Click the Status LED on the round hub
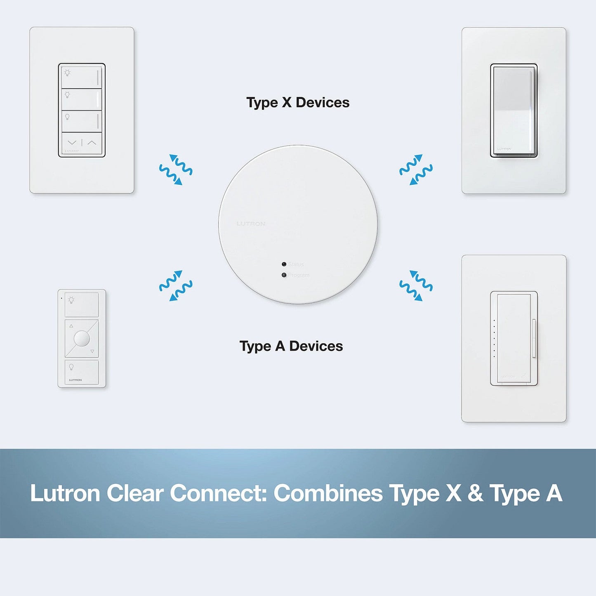point(284,264)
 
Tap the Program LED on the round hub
point(284,275)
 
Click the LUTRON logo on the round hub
point(251,224)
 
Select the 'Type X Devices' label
point(298,103)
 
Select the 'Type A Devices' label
point(291,346)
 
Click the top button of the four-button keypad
point(82,78)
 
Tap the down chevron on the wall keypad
point(72,143)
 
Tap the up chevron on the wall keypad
point(92,143)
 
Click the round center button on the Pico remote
point(82,339)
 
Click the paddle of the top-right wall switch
point(514,110)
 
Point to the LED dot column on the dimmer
point(494,338)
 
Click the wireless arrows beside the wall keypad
point(176,170)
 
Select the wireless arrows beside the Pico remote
point(176,285)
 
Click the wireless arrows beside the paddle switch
point(416,170)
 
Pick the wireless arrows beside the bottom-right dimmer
point(416,285)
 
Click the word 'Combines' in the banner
point(328,494)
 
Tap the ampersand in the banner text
point(475,494)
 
